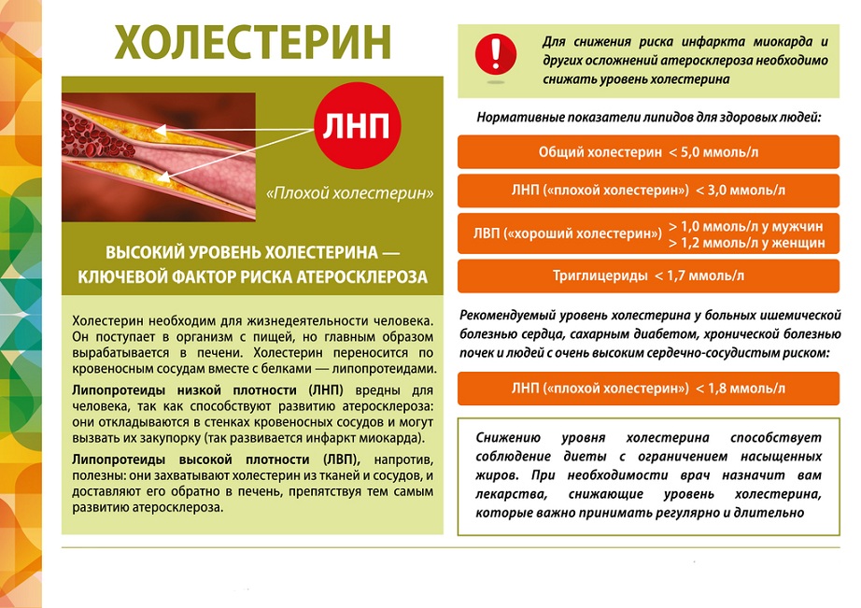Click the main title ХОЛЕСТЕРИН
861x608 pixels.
[x=253, y=42]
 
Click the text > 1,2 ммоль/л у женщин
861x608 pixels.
[x=746, y=243]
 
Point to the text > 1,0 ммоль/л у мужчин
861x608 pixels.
[x=746, y=227]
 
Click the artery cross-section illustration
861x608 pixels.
[x=159, y=154]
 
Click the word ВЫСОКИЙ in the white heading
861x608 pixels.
[x=142, y=253]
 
